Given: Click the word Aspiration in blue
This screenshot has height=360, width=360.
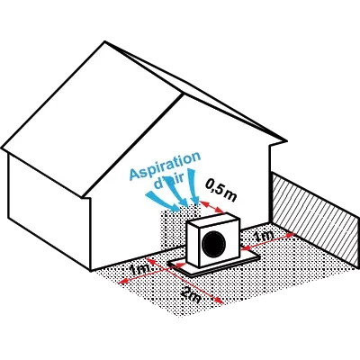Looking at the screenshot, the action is click(165, 166).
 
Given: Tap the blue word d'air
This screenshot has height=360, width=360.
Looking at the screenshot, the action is click(168, 182).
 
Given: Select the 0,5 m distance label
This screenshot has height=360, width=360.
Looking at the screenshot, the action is click(221, 191).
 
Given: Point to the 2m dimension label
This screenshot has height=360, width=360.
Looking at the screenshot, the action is click(191, 295).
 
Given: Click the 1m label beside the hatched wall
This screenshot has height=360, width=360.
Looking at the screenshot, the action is click(264, 237).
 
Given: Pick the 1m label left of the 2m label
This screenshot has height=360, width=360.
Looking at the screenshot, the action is click(139, 268).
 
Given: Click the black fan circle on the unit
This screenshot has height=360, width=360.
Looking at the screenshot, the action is click(214, 244).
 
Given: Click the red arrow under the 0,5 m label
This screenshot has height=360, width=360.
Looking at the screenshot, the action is click(212, 207).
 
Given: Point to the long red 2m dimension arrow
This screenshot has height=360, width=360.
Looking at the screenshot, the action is click(184, 281).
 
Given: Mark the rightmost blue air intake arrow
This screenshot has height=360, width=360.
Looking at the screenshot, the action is click(193, 186).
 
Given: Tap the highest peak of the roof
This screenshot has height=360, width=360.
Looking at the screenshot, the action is click(104, 41).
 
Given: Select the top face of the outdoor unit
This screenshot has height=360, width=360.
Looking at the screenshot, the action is click(213, 219).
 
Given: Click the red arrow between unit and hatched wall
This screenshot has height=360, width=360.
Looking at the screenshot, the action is click(268, 240).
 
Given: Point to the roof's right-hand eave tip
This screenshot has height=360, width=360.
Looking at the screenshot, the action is click(286, 140).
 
